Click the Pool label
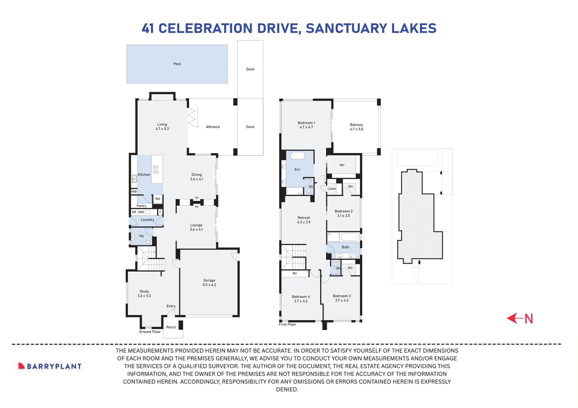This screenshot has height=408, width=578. (x=177, y=64)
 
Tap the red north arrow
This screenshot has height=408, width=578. (x=519, y=318)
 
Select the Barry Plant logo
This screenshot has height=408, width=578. (x=50, y=366)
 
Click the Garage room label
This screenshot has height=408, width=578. (x=209, y=283)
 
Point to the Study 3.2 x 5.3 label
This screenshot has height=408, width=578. (x=144, y=294)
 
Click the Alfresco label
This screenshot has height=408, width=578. (x=213, y=127)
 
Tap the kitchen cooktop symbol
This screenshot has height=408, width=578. (x=156, y=169)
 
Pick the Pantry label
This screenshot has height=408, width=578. (x=142, y=206)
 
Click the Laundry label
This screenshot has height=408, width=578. (x=147, y=219)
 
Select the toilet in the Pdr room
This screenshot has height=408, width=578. (x=148, y=242)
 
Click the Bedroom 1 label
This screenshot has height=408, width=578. (x=306, y=125)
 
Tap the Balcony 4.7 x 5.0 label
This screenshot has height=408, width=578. (x=356, y=127)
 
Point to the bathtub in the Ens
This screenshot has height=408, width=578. (x=297, y=156)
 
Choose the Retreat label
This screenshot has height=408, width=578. (x=304, y=220)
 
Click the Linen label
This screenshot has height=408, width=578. (x=331, y=189)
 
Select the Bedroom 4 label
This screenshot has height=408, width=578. (x=301, y=299)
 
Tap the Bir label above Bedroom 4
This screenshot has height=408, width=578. (x=295, y=273)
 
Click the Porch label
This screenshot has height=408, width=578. (x=171, y=327)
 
